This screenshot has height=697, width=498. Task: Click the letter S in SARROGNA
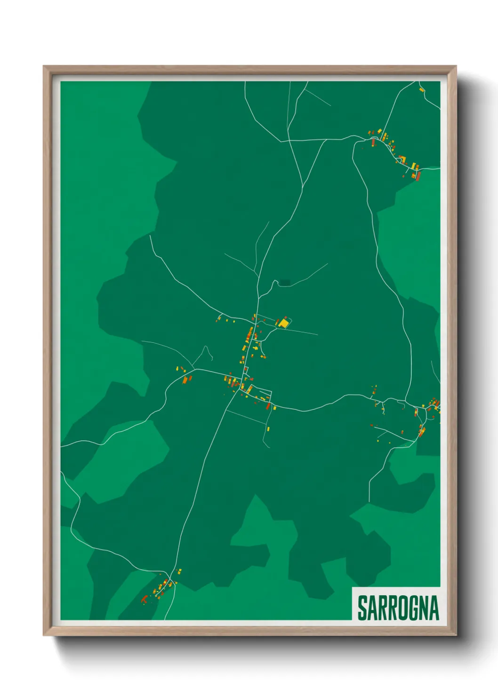[363, 608]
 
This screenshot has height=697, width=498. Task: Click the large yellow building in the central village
[283, 324]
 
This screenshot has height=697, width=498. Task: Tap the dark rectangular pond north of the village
[284, 283]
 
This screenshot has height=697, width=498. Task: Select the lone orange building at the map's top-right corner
[422, 89]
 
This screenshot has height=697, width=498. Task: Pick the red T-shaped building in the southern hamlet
[145, 599]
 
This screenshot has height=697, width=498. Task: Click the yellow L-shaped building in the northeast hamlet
[415, 166]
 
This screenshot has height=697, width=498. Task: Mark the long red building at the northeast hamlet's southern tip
[418, 176]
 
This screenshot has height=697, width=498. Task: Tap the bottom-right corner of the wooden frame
[456, 635]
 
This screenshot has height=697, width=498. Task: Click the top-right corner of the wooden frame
[456, 66]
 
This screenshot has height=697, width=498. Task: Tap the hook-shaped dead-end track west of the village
[206, 351]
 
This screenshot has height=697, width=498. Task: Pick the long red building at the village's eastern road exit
[268, 405]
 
